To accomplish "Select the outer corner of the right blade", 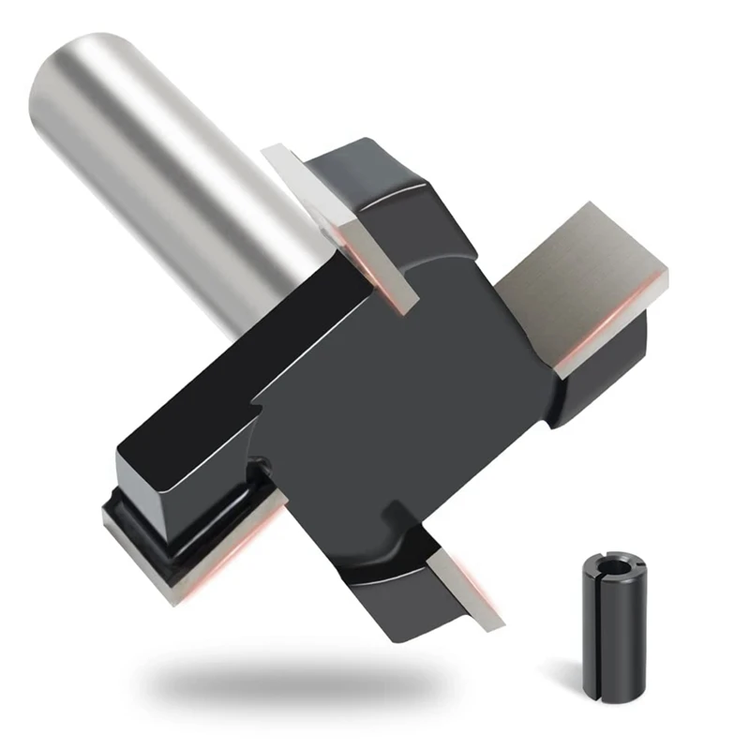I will pos(667,272).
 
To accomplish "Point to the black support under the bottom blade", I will pos(403,600).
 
